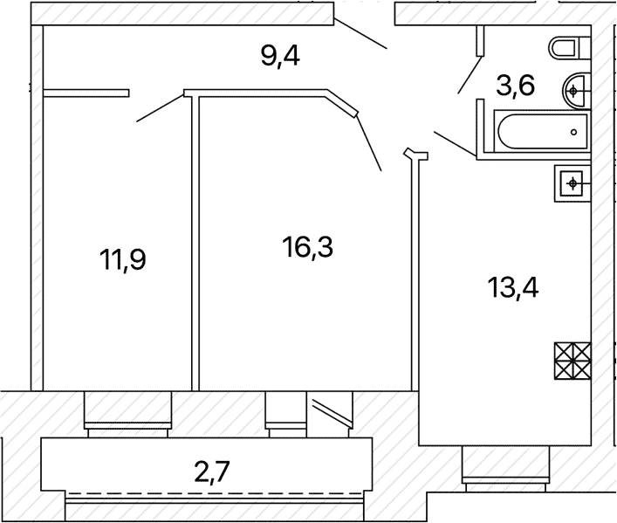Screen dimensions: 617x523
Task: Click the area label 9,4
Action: click(280, 57)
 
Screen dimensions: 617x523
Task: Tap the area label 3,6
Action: click(516, 86)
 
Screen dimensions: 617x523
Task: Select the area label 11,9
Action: click(123, 259)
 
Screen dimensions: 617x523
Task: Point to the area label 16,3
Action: click(308, 247)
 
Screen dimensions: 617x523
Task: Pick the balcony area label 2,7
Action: click(212, 471)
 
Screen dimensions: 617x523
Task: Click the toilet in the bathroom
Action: click(570, 48)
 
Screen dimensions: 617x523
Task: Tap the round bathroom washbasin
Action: click(577, 92)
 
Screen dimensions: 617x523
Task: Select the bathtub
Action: click(543, 132)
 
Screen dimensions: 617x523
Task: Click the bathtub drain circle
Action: click(573, 133)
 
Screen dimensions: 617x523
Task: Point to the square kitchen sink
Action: click(572, 183)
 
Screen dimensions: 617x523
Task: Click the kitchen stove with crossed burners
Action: click(572, 361)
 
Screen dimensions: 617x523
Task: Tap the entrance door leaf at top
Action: click(360, 33)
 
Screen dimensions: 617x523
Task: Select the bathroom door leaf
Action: click(470, 75)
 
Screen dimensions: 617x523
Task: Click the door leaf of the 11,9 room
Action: click(161, 108)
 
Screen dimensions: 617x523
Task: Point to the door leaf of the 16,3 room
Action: click(368, 142)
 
